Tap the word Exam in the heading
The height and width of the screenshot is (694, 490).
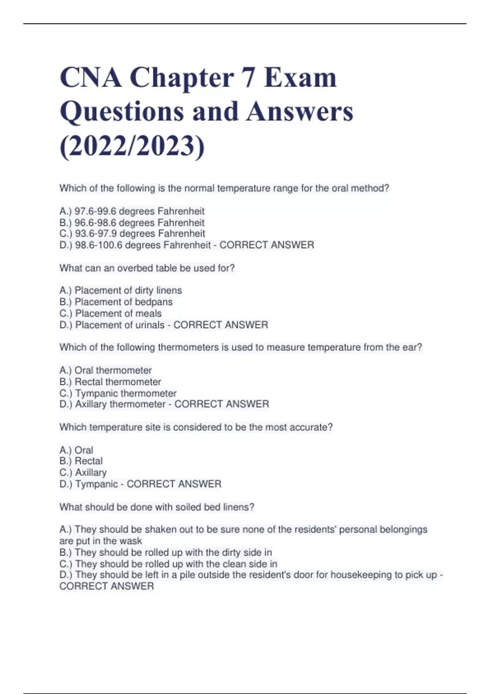click(301, 78)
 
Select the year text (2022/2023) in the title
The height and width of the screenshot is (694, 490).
click(132, 146)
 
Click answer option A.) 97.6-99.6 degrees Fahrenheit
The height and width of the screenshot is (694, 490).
click(132, 211)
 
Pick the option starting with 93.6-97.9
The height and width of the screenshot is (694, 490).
click(132, 234)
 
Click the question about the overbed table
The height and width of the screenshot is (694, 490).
click(147, 268)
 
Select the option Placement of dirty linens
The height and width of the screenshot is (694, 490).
click(121, 290)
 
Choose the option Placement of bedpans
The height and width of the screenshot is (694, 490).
click(116, 302)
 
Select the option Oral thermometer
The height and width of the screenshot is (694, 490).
click(106, 370)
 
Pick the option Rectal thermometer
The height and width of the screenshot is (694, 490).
click(110, 382)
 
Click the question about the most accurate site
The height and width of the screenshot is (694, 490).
click(196, 427)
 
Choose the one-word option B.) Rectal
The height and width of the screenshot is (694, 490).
click(81, 461)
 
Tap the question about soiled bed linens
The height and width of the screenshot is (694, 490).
click(157, 507)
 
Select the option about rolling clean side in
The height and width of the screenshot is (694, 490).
click(168, 564)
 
